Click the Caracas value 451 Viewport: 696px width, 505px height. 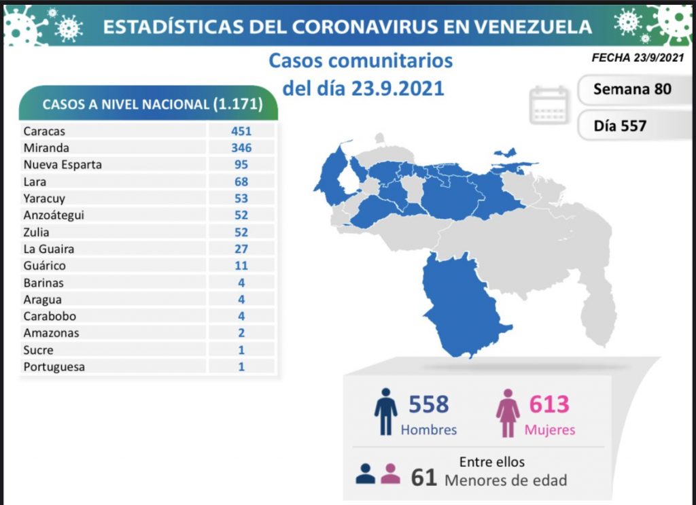tap(241, 131)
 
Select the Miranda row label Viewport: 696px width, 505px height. tap(46, 147)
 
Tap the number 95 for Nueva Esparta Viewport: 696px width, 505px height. tap(241, 164)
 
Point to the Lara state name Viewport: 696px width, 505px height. tap(35, 181)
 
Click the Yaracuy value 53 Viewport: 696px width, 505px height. tap(241, 198)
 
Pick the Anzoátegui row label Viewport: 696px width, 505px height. tap(54, 215)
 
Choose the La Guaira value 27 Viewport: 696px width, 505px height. tap(241, 249)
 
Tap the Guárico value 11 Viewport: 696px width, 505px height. tap(241, 266)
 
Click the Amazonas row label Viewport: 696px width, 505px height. tap(51, 333)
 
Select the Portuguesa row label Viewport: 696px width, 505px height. tap(54, 367)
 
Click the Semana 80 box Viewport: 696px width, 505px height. tap(632, 89)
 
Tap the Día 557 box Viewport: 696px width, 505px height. tap(620, 125)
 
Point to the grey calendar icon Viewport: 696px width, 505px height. tap(549, 105)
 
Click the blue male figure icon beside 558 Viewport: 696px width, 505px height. tap(385, 411)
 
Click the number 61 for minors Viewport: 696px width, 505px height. tap(424, 478)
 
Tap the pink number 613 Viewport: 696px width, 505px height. tap(549, 404)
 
